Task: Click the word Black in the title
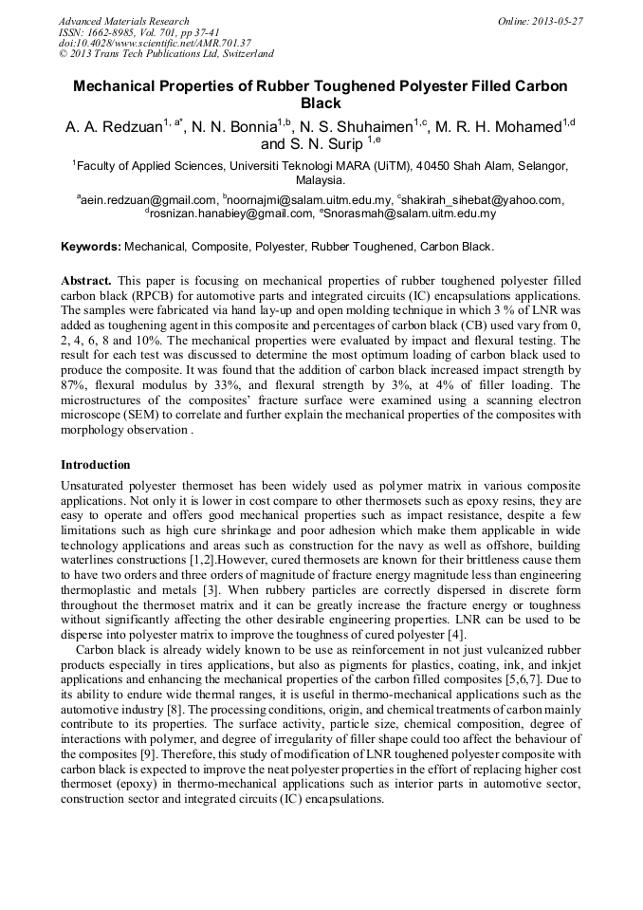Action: pos(321,103)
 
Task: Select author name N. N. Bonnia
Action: pos(241,126)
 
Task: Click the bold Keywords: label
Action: pos(91,247)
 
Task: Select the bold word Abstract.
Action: pos(86,282)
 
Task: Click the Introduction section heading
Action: pos(96,465)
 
